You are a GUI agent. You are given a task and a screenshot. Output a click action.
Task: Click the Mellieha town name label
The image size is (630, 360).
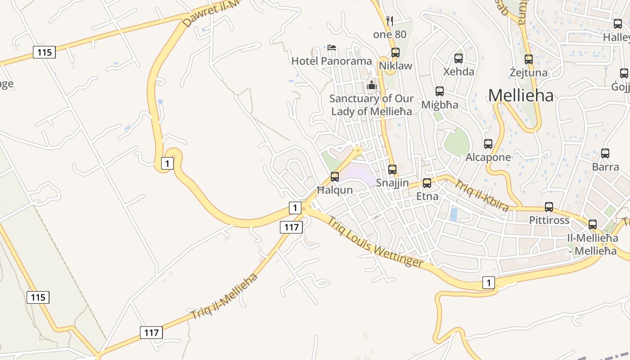coord(521,95)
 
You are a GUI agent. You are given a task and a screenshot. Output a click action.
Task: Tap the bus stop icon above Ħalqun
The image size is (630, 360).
coord(335,176)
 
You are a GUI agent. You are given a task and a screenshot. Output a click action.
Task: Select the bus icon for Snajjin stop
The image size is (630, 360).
coord(392,169)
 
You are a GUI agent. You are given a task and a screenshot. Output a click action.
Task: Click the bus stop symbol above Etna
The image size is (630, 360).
coord(427,183)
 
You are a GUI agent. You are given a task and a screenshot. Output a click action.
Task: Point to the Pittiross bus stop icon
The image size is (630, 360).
coord(549,207)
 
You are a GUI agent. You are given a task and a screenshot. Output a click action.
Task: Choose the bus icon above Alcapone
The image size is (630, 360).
coord(488,144)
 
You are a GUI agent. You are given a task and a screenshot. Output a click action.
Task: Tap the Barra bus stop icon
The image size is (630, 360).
coord(605,153)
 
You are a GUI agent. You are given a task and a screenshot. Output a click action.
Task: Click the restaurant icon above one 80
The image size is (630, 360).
coord(390,21)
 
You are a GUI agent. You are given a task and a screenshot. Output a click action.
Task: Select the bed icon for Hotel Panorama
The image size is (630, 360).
coord(332,47)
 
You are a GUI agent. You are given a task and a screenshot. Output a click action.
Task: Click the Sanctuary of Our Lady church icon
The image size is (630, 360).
coord(372,85)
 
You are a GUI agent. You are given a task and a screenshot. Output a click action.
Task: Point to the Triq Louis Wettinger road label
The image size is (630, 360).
coord(375,242)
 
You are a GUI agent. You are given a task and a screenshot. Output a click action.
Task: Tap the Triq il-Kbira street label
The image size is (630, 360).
coord(481,196)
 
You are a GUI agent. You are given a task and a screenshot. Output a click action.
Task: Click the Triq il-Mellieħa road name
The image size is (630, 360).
coord(224,296)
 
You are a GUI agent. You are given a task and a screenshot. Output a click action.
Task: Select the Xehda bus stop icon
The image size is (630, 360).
coord(459,58)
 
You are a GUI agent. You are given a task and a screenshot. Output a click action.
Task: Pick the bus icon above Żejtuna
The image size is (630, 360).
coord(529,59)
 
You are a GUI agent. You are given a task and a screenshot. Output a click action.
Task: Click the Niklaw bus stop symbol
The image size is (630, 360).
coord(396,53)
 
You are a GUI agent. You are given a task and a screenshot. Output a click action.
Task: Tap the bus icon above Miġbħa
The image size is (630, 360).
coord(440,91)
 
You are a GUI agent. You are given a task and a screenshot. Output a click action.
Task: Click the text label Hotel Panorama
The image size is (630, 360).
coord(332,61)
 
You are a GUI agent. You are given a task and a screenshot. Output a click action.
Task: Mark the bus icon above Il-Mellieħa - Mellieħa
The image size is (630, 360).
coord(593,224)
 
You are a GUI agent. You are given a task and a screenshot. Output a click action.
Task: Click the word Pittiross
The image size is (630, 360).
coord(549,220)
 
